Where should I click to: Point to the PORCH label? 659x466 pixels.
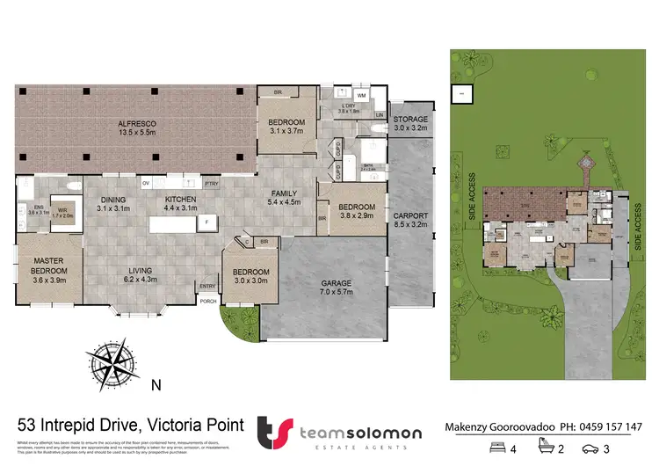point(208,302)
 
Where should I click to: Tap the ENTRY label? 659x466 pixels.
point(207,286)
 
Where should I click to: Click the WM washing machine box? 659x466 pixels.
point(362,95)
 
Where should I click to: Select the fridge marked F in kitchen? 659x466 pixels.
point(206,223)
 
